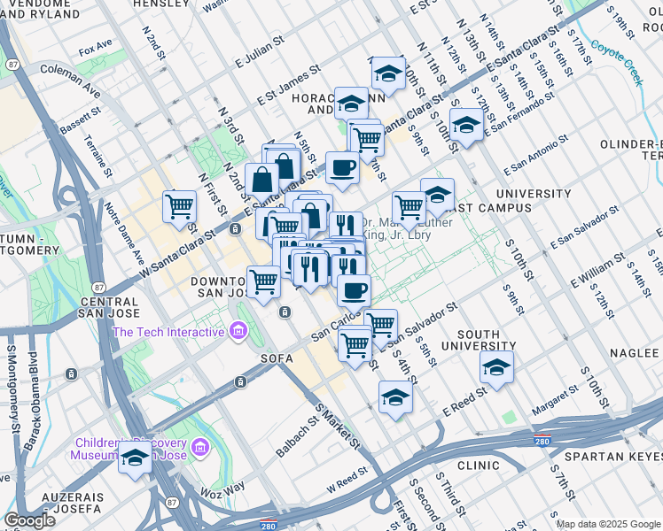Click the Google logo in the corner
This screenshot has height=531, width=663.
(x=29, y=519)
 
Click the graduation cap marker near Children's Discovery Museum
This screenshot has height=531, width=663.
(x=135, y=458)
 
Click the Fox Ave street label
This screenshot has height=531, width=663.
(x=96, y=43)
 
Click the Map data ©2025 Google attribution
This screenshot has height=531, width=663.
(x=606, y=524)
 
